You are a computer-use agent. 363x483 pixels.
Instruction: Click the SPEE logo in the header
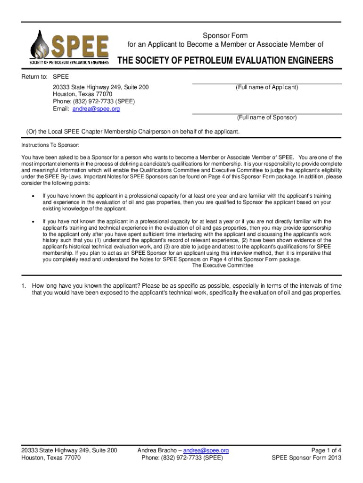[70, 47]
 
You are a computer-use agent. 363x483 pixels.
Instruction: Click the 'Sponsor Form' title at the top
[225, 36]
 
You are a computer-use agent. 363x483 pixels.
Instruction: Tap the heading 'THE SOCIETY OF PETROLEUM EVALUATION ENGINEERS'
[225, 61]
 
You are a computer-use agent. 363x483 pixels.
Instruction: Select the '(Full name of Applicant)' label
[267, 88]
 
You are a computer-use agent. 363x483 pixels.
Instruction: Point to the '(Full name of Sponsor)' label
[267, 117]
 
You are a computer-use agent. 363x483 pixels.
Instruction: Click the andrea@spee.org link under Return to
[96, 109]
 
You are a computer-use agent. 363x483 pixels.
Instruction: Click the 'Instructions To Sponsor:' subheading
[50, 145]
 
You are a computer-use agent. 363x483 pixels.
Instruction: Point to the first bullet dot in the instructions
[32, 196]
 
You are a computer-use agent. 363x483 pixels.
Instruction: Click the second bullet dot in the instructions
[32, 221]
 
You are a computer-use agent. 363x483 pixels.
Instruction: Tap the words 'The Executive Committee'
[223, 266]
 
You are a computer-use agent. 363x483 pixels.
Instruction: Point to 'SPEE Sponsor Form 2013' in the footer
[306, 458]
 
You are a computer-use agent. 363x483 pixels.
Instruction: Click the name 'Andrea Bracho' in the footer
[157, 450]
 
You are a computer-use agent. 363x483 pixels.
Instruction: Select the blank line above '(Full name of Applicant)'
[267, 83]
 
